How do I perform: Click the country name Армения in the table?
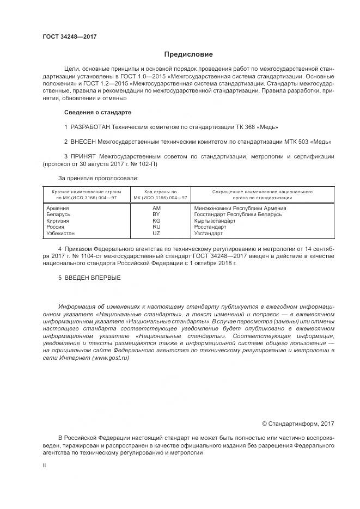pos(58,208)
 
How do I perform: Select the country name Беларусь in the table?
pos(59,214)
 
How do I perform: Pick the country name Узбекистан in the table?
pos(62,233)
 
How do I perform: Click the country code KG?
pos(156,221)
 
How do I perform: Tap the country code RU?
pos(156,227)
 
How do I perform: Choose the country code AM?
pos(156,208)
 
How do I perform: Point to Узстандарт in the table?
pos(209,233)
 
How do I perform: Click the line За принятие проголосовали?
pos(98,178)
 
